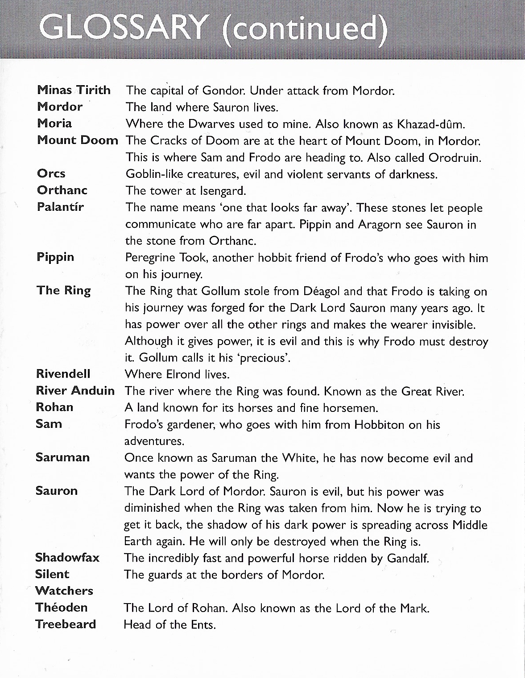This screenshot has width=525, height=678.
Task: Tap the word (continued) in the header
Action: (305, 29)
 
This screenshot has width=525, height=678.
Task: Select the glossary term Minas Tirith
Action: (74, 90)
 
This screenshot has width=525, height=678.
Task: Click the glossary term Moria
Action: (54, 123)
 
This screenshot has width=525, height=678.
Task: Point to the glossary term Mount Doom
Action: (78, 140)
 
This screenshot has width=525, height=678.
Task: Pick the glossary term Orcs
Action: (51, 173)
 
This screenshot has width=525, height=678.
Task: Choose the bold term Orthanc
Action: (62, 190)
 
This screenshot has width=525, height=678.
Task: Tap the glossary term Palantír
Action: (60, 207)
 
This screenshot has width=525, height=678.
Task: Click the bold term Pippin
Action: (55, 258)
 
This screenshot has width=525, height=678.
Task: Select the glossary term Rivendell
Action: (63, 374)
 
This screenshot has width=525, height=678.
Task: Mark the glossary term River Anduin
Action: (75, 391)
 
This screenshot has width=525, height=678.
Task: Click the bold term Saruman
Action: (62, 457)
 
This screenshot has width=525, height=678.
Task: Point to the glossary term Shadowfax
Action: (67, 558)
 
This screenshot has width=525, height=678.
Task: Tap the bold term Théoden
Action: (61, 608)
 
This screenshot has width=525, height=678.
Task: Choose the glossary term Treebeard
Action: (66, 624)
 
